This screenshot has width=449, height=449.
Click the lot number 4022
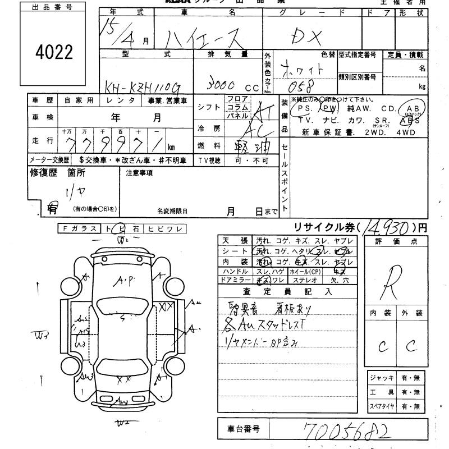tap(54, 52)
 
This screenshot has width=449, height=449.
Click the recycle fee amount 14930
tap(386, 227)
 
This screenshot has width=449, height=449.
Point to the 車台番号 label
tap(244, 429)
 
